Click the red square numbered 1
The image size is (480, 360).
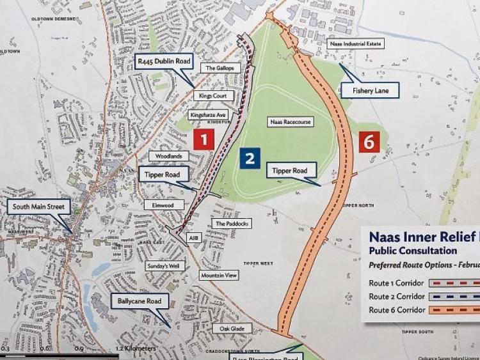pyautogui.click(x=204, y=139)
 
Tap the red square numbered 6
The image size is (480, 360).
pyautogui.click(x=369, y=141)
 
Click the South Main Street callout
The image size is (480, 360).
pyautogui.click(x=40, y=207)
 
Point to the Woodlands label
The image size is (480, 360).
pyautogui.click(x=170, y=156)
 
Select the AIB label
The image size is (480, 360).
pyautogui.click(x=193, y=237)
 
